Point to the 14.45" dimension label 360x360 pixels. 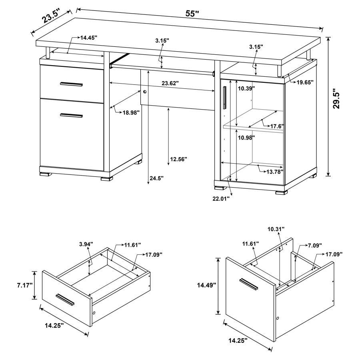89,38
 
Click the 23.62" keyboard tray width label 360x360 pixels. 170,84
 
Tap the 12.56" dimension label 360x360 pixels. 178,159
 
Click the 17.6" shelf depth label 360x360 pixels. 277,126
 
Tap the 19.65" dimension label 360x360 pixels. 305,82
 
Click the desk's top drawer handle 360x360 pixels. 71,84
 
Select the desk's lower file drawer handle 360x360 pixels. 71,116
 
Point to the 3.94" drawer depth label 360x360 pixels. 86,244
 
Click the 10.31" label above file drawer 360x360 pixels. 276,229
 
